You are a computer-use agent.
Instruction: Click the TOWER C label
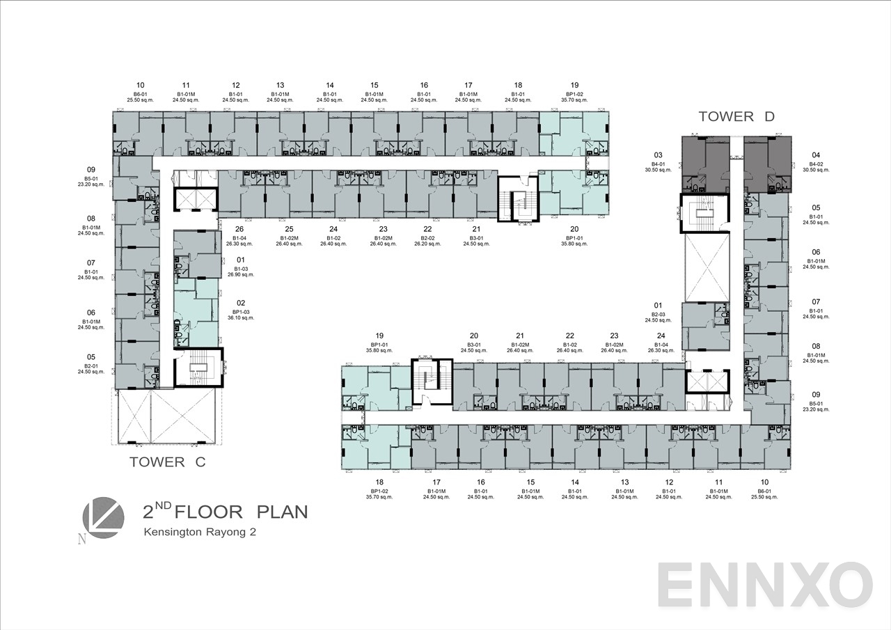(x=167, y=462)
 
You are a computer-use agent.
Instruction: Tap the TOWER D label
(x=736, y=116)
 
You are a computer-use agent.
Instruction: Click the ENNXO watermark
(x=764, y=586)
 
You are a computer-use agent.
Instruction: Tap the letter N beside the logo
(x=82, y=539)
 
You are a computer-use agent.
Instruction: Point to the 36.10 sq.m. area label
(x=241, y=317)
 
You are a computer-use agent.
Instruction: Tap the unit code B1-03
(x=241, y=269)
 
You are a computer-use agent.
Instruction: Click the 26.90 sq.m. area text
(x=241, y=275)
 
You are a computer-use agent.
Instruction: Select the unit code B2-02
(x=427, y=238)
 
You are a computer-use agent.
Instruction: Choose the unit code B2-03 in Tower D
(x=658, y=315)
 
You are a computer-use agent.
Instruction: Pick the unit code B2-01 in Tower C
(x=90, y=365)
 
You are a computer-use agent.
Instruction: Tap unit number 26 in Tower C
(x=239, y=229)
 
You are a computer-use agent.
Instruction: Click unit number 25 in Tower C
(x=289, y=229)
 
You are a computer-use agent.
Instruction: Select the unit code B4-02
(x=816, y=164)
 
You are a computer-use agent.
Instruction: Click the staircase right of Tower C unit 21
(x=518, y=198)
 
